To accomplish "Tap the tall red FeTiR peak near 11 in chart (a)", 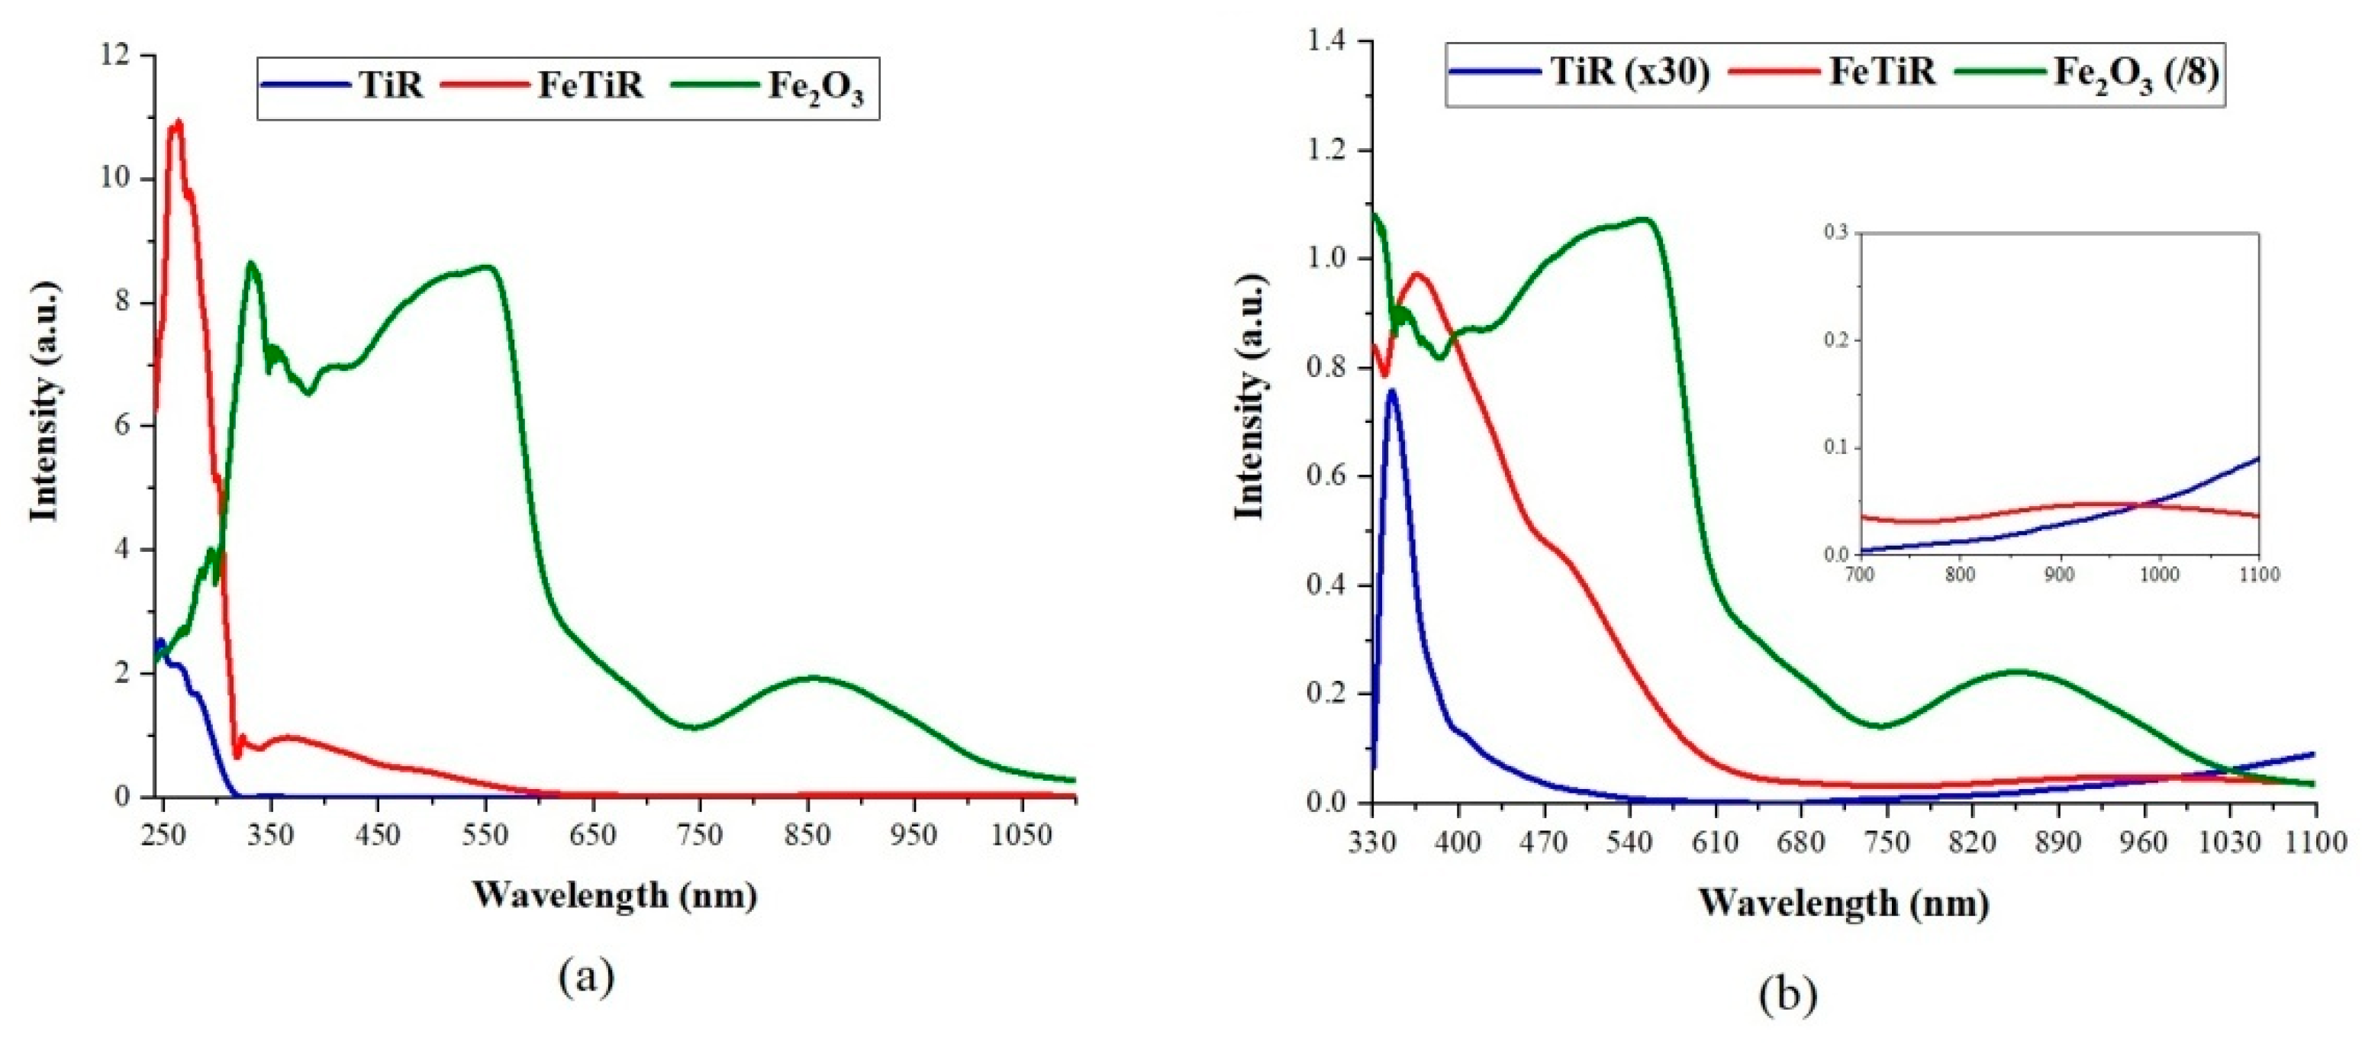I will [x=177, y=124].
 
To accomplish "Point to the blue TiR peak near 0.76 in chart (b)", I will [x=1392, y=392].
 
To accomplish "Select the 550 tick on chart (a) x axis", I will [x=485, y=836].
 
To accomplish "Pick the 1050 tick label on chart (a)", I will [x=1021, y=836].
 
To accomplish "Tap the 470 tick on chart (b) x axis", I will [x=1543, y=842].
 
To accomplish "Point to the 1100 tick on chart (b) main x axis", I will [x=2316, y=842].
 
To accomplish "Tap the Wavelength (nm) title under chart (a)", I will [x=615, y=894].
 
